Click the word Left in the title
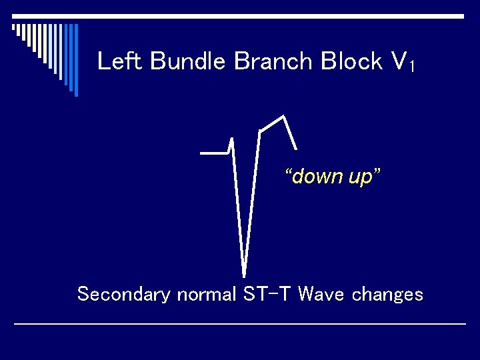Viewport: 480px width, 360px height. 121,61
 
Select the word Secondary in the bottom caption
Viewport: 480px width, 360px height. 123,294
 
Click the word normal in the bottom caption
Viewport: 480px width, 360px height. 206,294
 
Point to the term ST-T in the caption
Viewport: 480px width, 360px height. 267,293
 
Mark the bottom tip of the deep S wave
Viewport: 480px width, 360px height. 244,275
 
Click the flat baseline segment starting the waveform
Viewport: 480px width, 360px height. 213,153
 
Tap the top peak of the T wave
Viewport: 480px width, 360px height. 285,117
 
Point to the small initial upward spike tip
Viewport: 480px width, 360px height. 231,139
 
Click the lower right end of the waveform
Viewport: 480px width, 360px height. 295,148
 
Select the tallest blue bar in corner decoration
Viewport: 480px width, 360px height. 75,60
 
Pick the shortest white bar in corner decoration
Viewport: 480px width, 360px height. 13,29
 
